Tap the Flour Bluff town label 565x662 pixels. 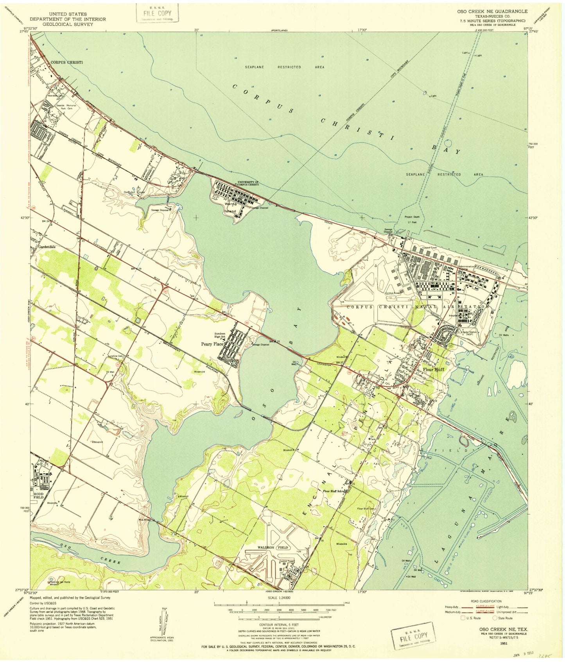coord(433,369)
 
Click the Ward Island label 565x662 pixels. coord(230,207)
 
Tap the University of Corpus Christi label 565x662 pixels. coord(248,183)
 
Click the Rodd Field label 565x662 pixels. coord(38,495)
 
